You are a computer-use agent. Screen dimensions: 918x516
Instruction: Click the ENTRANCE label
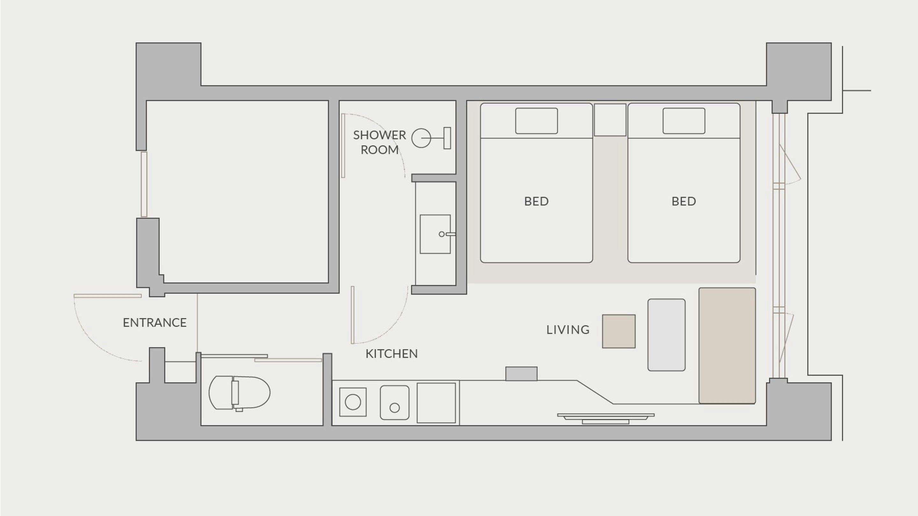(x=155, y=323)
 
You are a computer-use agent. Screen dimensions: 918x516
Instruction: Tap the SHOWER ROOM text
(x=380, y=142)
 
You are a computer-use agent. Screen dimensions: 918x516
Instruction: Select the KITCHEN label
(x=392, y=354)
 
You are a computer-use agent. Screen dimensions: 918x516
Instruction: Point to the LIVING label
(x=568, y=330)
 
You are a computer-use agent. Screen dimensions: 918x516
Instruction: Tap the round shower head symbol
(x=421, y=138)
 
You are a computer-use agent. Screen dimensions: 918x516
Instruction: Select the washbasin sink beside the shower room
(x=435, y=234)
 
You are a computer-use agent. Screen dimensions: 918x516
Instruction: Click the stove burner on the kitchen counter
(x=353, y=402)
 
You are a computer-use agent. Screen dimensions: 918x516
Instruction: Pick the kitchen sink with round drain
(x=395, y=402)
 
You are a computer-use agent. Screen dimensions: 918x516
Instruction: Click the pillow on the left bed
(x=536, y=121)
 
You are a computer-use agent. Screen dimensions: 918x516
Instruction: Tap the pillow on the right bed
(x=684, y=121)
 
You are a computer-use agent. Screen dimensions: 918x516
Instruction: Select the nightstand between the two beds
(x=610, y=120)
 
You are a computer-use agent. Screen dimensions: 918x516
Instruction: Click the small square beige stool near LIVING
(x=619, y=331)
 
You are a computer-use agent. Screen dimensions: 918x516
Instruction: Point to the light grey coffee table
(x=667, y=335)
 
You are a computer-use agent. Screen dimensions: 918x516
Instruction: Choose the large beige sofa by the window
(x=727, y=345)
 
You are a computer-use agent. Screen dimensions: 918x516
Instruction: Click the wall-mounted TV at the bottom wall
(x=606, y=419)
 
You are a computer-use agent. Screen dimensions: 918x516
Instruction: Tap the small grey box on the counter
(x=521, y=374)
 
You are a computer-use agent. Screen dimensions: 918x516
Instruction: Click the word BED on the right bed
(x=684, y=202)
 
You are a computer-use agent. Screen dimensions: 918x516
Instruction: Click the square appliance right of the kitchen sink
(x=436, y=403)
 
